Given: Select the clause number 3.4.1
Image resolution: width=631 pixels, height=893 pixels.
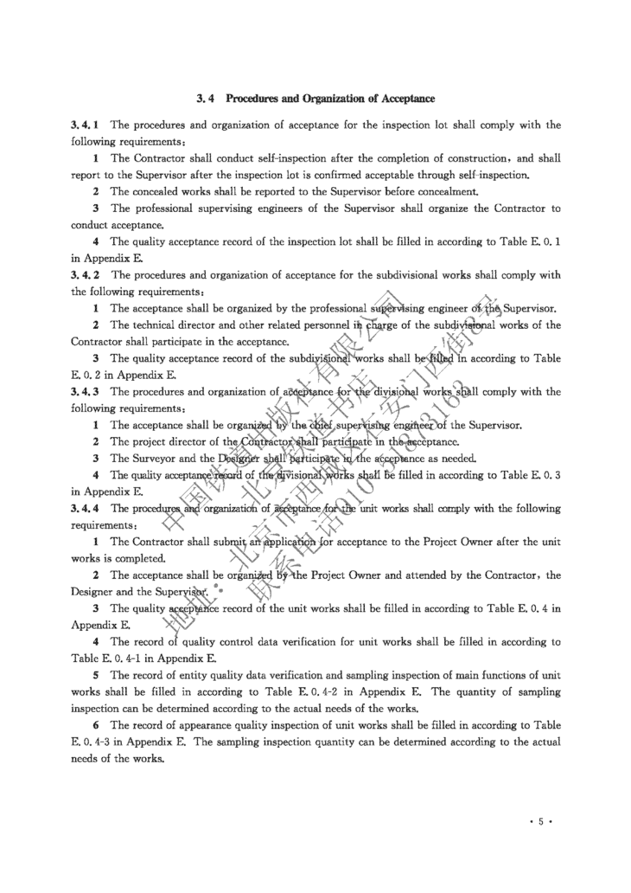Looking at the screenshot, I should [85, 125].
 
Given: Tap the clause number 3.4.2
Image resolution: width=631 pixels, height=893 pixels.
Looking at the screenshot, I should [85, 275].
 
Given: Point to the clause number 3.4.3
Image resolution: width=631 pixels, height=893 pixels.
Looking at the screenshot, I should [85, 391].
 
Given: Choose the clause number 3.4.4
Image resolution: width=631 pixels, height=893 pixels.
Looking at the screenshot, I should [85, 508].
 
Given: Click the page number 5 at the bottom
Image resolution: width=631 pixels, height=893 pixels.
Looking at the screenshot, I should [540, 822].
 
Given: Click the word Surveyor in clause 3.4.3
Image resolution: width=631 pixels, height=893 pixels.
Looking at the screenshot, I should [158, 458].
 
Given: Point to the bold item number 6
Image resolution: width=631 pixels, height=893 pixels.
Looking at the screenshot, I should [96, 725].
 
